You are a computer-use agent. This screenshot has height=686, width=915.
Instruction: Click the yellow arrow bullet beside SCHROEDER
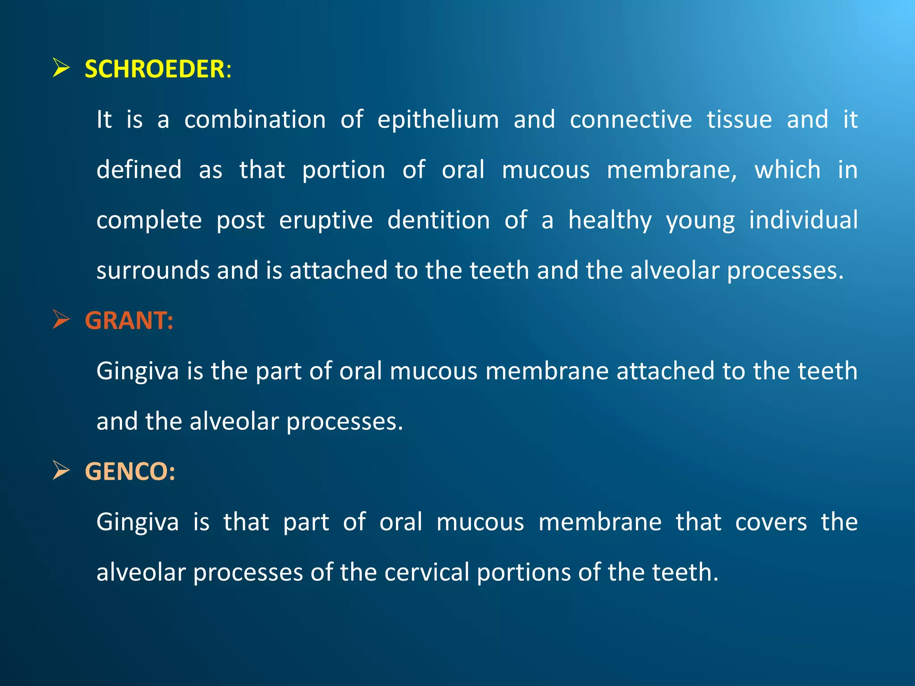[61, 68]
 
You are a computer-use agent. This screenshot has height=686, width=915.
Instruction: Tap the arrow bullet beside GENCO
[61, 470]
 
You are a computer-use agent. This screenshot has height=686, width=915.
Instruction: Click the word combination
[255, 120]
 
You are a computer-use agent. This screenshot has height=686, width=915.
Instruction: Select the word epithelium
[438, 120]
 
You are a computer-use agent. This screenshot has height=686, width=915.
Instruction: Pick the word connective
[631, 120]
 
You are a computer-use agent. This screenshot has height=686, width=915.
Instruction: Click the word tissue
[739, 120]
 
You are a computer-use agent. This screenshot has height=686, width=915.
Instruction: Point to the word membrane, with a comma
[672, 170]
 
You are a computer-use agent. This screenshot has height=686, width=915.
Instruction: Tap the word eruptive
[326, 221]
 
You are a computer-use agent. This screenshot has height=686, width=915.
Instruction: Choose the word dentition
[438, 221]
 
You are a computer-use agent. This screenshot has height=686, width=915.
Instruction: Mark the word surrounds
[153, 271]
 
